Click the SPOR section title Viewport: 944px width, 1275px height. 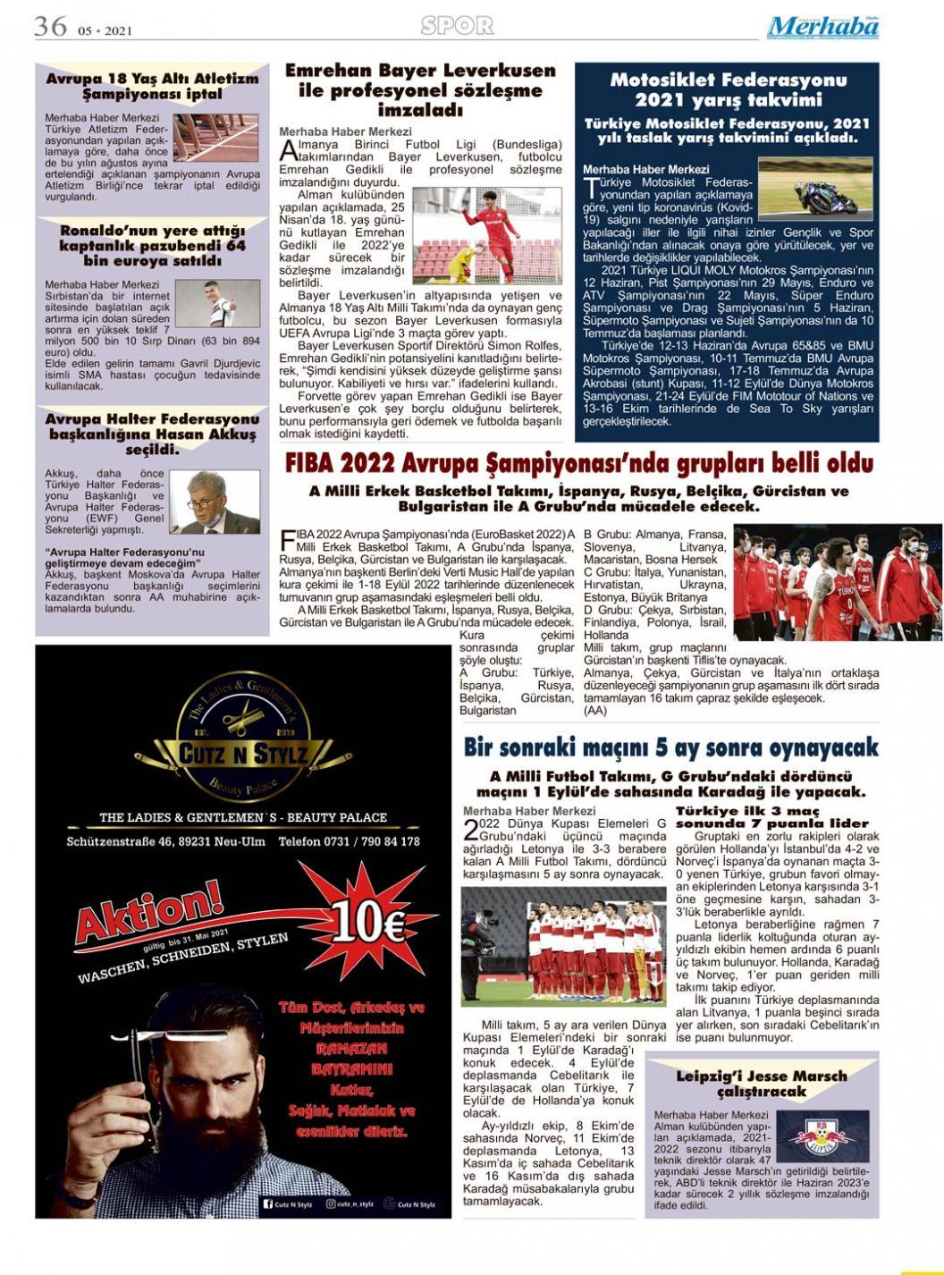pyautogui.click(x=457, y=26)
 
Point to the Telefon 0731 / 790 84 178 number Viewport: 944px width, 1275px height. pyautogui.click(x=349, y=842)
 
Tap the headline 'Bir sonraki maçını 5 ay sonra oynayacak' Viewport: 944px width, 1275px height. pyautogui.click(x=671, y=747)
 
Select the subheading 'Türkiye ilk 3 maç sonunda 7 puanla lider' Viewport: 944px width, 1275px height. pyautogui.click(x=772, y=817)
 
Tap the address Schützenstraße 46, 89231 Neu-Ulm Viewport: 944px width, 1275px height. pyautogui.click(x=165, y=842)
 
